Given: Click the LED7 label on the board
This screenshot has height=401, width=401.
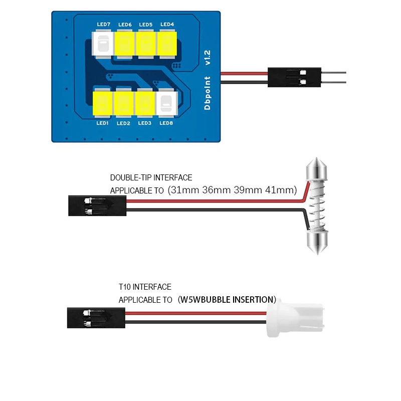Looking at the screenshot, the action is click(104, 24).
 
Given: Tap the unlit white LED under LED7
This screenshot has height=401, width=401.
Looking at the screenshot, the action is click(103, 44).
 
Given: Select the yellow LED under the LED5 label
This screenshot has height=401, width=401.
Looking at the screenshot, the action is click(146, 44).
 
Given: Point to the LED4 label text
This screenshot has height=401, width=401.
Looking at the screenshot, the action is click(167, 24).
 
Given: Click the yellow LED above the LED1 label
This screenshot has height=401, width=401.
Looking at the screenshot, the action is click(102, 103).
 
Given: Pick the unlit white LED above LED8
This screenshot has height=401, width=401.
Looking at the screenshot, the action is click(166, 103).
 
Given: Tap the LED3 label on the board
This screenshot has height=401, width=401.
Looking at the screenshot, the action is click(145, 123).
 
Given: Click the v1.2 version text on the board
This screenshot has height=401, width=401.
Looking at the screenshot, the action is click(208, 58).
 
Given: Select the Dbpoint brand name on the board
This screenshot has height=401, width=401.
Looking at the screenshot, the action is click(208, 93).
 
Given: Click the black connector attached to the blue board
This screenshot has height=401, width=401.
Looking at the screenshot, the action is click(294, 77).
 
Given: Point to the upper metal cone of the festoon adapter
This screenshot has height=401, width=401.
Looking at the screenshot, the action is click(317, 169).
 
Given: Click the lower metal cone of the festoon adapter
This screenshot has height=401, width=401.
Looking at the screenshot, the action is click(317, 243).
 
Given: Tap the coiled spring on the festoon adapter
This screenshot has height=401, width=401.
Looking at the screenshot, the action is click(317, 206).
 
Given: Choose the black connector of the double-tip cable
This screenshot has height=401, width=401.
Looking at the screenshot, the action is click(97, 206).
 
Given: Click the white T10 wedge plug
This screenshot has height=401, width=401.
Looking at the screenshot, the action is click(295, 318).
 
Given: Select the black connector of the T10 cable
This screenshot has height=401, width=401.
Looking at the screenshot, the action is click(96, 318).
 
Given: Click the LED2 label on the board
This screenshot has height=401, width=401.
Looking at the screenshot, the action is click(123, 123).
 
